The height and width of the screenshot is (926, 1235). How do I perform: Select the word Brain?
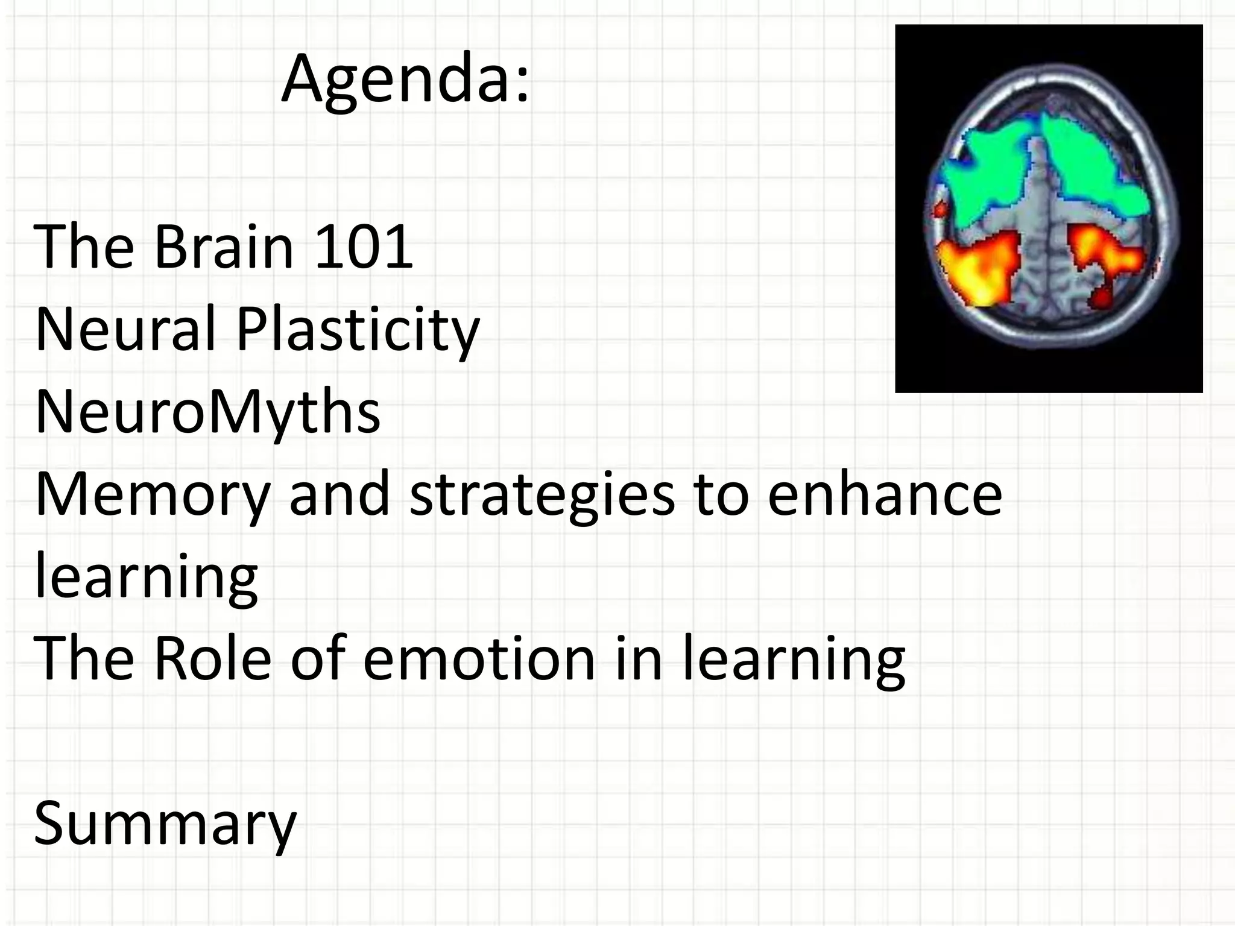(224, 247)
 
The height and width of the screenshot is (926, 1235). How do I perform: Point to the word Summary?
(165, 824)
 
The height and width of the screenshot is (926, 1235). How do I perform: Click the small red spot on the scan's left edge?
(939, 210)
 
